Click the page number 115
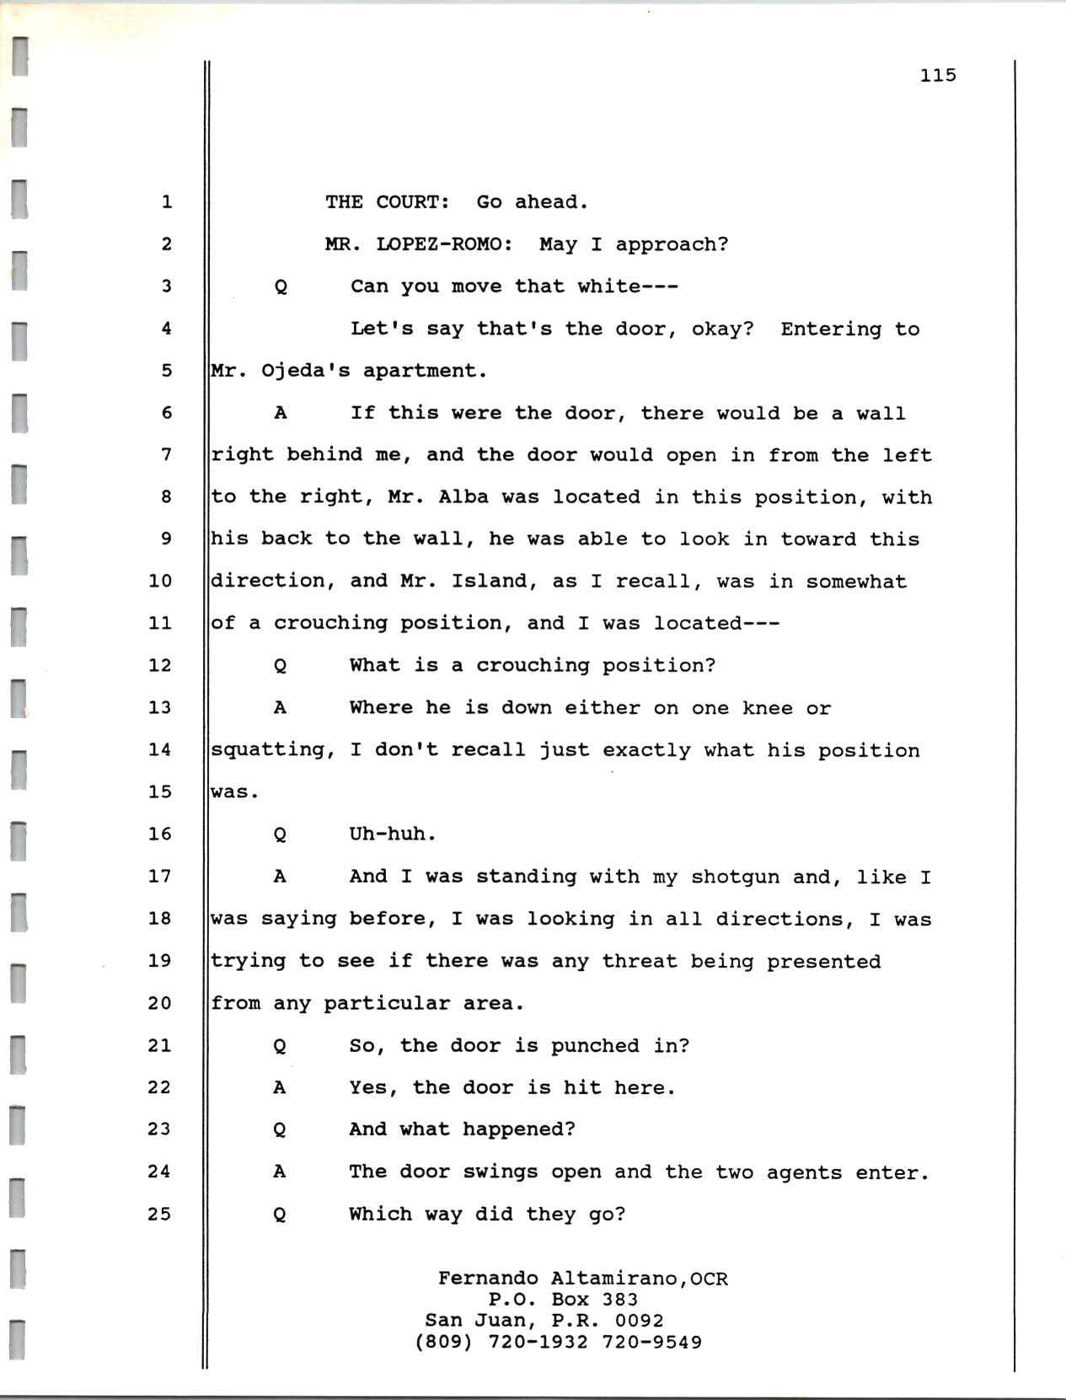pyautogui.click(x=938, y=76)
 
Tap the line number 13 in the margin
pyautogui.click(x=159, y=707)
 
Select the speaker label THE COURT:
pyautogui.click(x=387, y=202)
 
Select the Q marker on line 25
pyautogui.click(x=280, y=1215)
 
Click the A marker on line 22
pyautogui.click(x=280, y=1088)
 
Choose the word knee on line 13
pyautogui.click(x=767, y=708)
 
